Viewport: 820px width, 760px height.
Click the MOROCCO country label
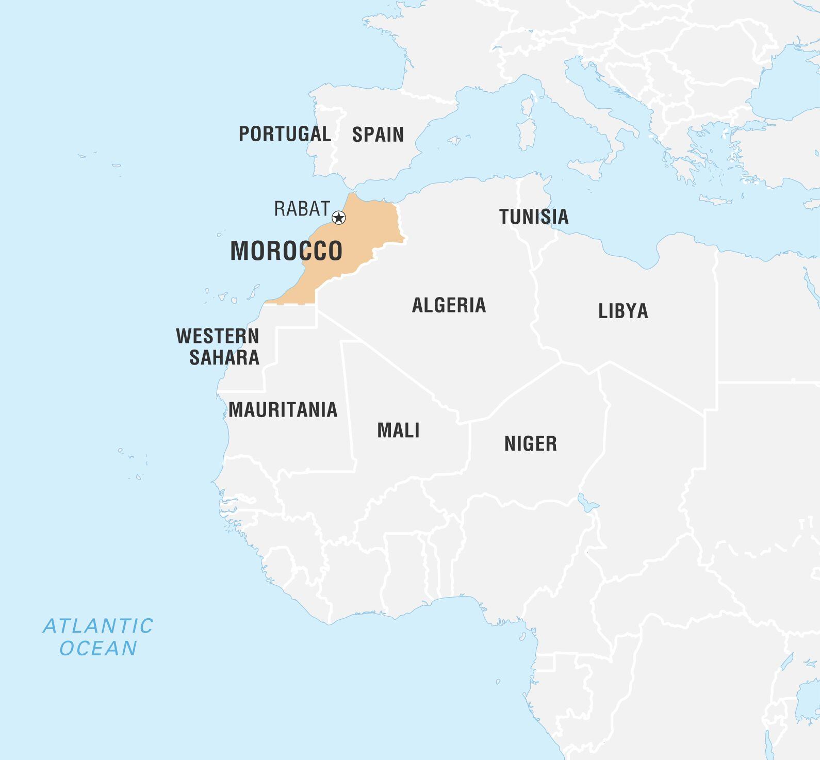286,251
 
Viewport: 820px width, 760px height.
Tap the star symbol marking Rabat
338,218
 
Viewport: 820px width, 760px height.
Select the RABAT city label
302,209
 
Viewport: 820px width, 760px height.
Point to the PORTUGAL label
285,134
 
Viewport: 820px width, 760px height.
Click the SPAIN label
378,135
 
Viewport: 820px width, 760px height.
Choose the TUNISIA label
534,217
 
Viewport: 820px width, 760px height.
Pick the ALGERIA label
449,305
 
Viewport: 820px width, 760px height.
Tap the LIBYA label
623,311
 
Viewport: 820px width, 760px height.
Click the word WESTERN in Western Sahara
218,336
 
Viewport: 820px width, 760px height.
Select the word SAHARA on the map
224,357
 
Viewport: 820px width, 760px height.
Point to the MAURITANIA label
283,410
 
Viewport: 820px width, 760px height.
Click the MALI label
398,430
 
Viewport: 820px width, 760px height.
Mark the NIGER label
531,443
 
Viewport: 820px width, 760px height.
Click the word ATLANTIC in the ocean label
98,626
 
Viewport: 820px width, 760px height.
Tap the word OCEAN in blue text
98,648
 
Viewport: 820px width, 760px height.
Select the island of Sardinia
526,135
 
